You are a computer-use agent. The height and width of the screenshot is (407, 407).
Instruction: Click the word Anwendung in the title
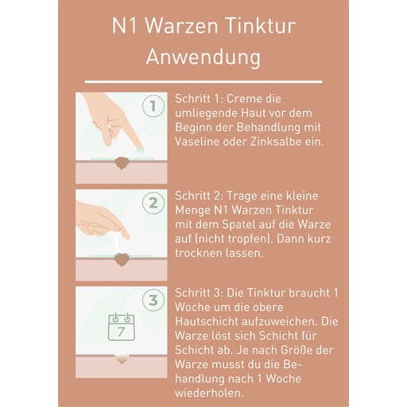click(203, 57)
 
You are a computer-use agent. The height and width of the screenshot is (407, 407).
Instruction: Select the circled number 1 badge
click(153, 106)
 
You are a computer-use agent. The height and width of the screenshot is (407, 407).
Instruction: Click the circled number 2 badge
click(153, 203)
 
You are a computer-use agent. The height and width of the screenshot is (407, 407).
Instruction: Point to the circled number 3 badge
click(153, 300)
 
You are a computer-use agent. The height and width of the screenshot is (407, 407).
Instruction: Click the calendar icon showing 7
click(122, 327)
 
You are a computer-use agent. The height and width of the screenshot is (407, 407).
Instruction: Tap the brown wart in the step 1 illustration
click(122, 163)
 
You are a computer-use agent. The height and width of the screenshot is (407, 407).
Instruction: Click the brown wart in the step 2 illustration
click(122, 260)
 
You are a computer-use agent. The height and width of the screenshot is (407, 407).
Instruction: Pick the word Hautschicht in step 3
click(206, 322)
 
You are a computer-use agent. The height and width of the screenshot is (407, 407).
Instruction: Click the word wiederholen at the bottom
click(208, 393)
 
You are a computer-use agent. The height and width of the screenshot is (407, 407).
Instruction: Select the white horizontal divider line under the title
click(203, 82)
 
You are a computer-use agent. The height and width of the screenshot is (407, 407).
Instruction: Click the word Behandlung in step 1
click(269, 127)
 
